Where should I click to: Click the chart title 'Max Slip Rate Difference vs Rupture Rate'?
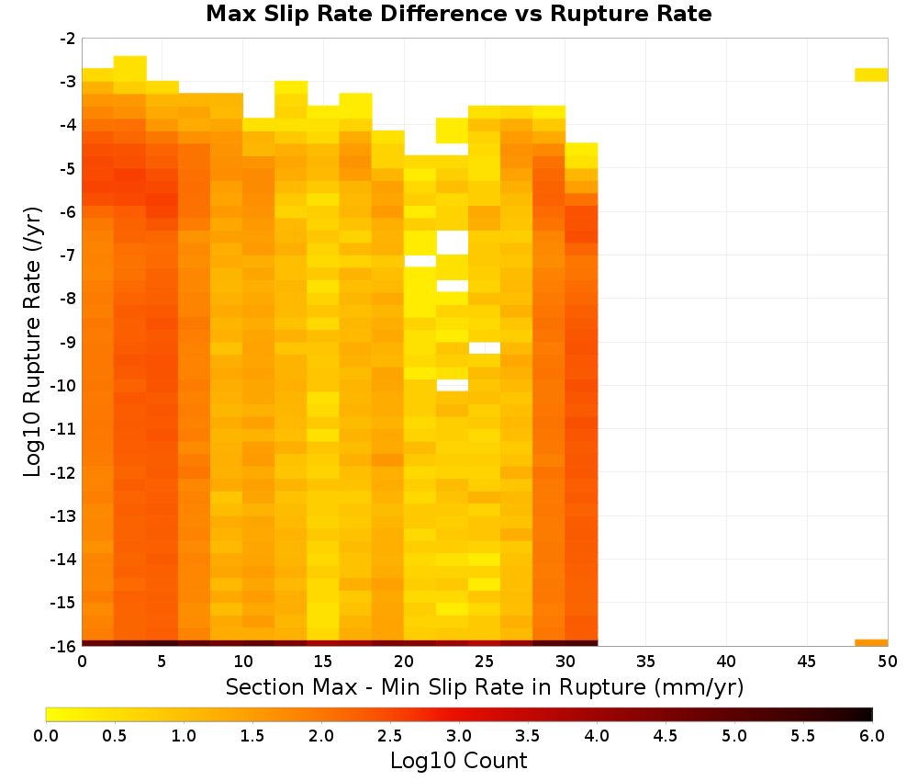pyautogui.click(x=458, y=14)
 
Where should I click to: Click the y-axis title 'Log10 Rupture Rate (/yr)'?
pyautogui.click(x=33, y=342)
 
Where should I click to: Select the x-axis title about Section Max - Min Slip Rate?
pyautogui.click(x=484, y=687)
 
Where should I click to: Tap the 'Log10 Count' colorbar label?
pyautogui.click(x=458, y=761)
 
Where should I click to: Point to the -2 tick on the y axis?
pyautogui.click(x=68, y=39)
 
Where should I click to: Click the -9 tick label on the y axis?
pyautogui.click(x=68, y=342)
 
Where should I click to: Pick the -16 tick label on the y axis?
pyautogui.click(x=63, y=646)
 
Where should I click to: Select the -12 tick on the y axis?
pyautogui.click(x=63, y=472)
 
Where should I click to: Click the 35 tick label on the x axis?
pyautogui.click(x=645, y=662)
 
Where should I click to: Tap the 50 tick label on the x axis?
pyautogui.click(x=887, y=662)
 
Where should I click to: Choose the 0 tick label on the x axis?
pyautogui.click(x=82, y=662)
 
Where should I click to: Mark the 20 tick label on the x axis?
pyautogui.click(x=404, y=662)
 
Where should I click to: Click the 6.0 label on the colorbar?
pyautogui.click(x=872, y=736)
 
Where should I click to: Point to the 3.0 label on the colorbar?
pyautogui.click(x=458, y=736)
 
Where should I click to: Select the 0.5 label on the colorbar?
pyautogui.click(x=114, y=736)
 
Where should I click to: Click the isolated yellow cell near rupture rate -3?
pyautogui.click(x=871, y=75)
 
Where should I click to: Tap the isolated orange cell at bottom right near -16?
pyautogui.click(x=871, y=643)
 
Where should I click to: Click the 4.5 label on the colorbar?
pyautogui.click(x=665, y=736)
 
